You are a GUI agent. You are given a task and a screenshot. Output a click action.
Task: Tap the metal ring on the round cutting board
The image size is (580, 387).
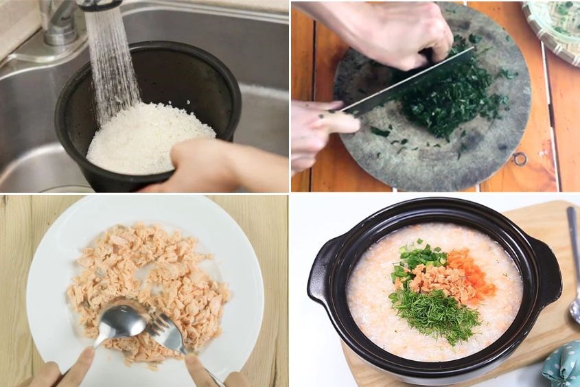point(520,159)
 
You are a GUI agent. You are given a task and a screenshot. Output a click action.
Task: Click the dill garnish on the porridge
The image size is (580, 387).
point(436,312)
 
